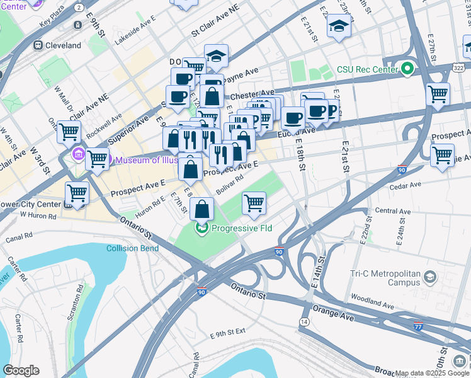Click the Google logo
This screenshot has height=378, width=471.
tap(21, 370)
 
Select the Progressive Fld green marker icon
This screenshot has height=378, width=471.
tap(201, 228)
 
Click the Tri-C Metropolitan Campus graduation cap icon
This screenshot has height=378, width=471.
tap(430, 277)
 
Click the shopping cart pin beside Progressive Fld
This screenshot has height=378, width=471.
tap(253, 203)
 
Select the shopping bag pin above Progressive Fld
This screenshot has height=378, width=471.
tap(201, 209)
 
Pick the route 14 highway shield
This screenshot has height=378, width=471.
tap(304, 321)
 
